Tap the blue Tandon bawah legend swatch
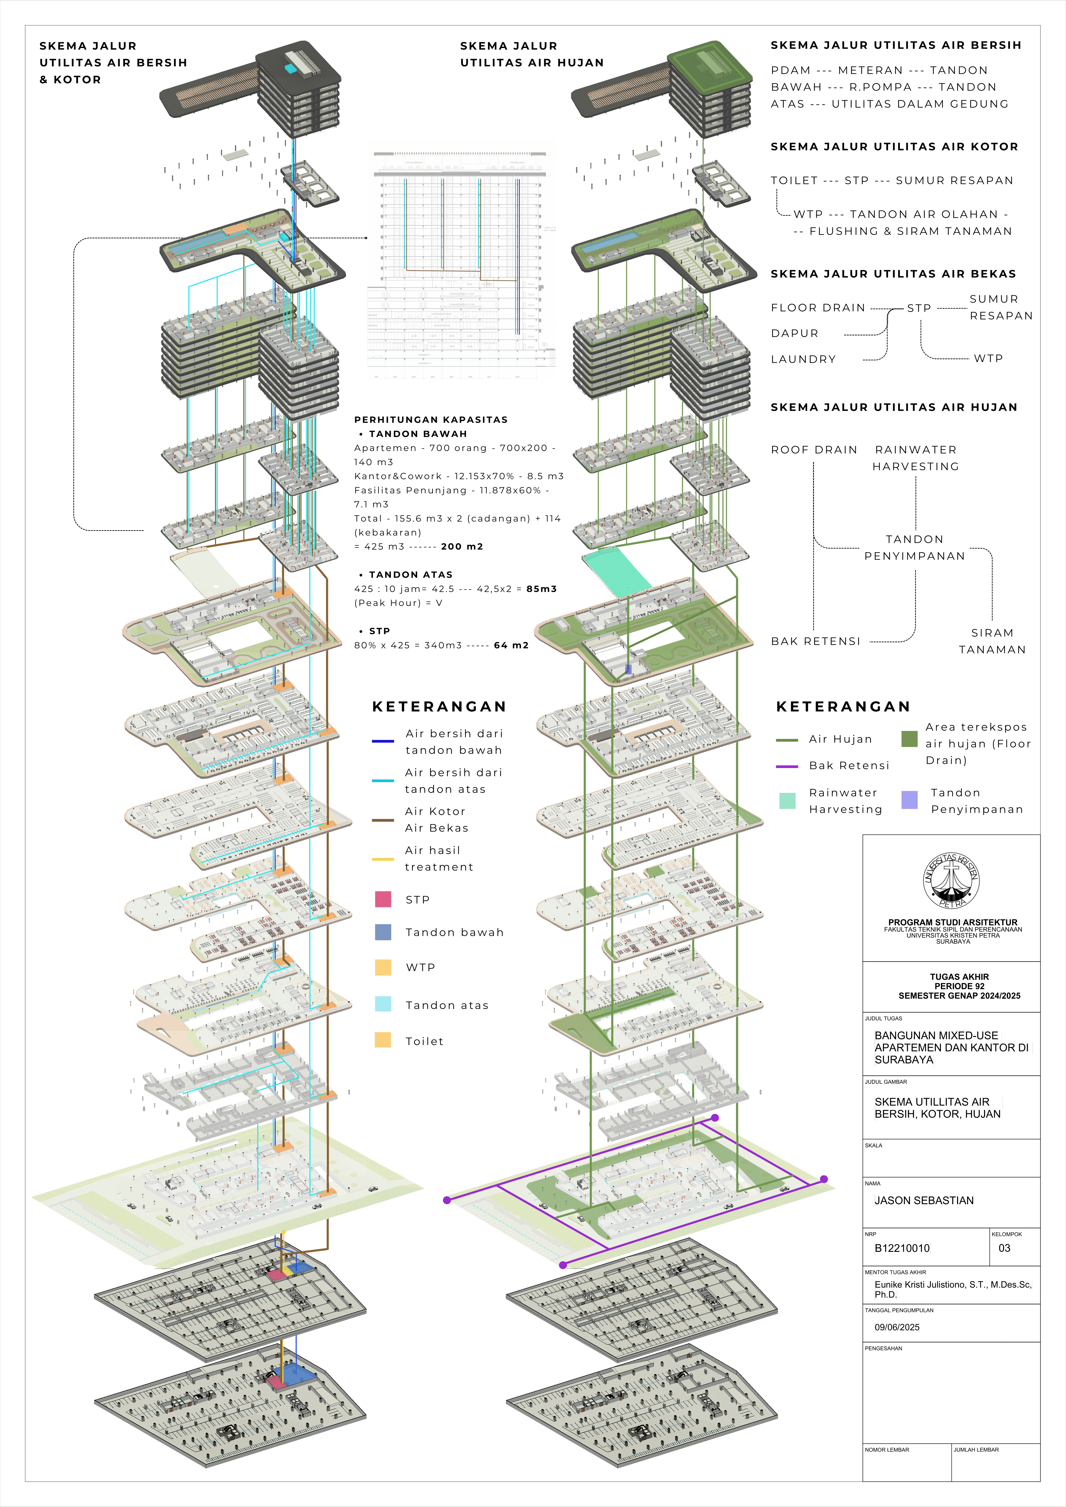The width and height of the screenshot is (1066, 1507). [x=383, y=932]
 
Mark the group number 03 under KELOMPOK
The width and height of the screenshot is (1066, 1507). [x=1004, y=1248]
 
